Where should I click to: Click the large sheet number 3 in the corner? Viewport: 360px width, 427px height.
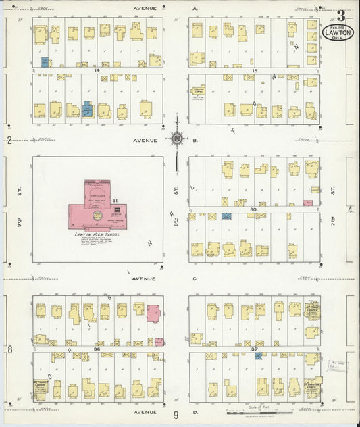(343, 16)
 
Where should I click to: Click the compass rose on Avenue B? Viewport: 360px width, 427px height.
(176, 139)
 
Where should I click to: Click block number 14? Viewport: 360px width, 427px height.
(98, 70)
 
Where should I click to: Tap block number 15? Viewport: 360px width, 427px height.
(255, 70)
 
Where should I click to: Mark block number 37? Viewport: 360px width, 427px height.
(255, 349)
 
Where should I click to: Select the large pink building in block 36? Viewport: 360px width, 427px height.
(154, 313)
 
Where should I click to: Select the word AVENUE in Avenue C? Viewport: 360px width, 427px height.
(144, 278)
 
